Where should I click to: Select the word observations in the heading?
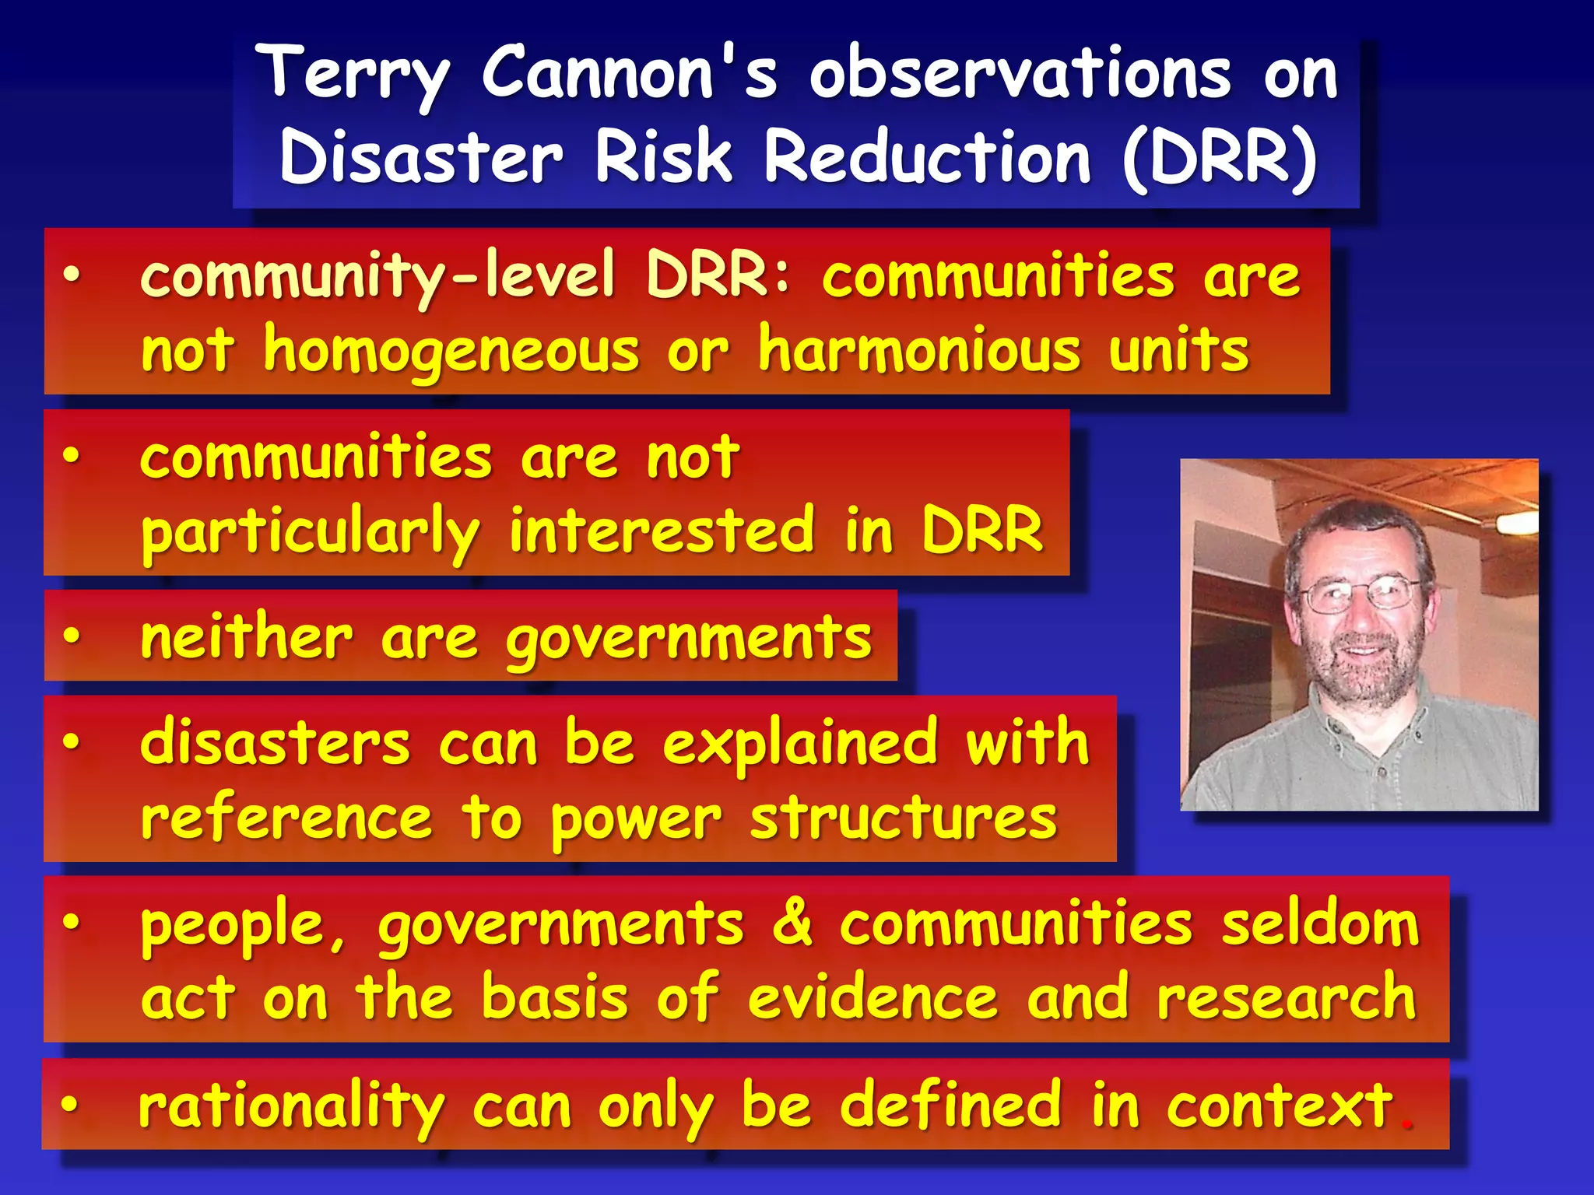pyautogui.click(x=1020, y=75)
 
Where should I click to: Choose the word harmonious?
pyautogui.click(x=919, y=350)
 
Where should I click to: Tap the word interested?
pyautogui.click(x=662, y=531)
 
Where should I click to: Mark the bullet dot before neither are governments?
pyautogui.click(x=72, y=637)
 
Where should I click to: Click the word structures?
pyautogui.click(x=904, y=818)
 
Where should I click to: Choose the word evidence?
pyautogui.click(x=872, y=998)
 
